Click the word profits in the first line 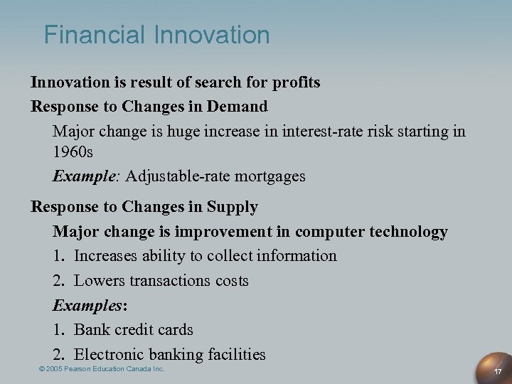point(293,82)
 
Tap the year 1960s point(73,151)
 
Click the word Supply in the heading point(232,207)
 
